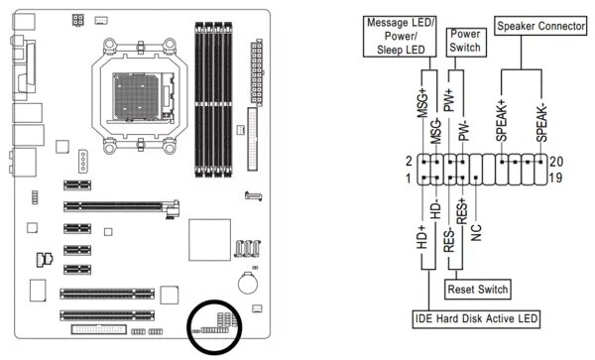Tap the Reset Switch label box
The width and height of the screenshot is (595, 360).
pos(477,290)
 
